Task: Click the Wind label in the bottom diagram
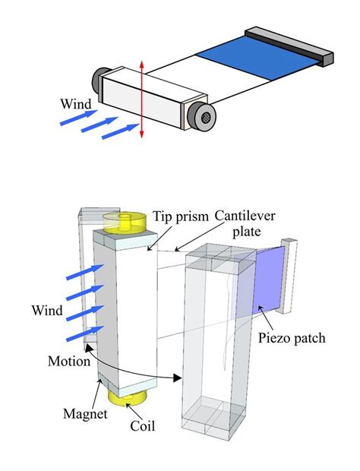[47, 310]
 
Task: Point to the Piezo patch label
[292, 338]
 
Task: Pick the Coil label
[142, 426]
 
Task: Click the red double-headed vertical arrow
[142, 102]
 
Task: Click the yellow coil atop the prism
[122, 222]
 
